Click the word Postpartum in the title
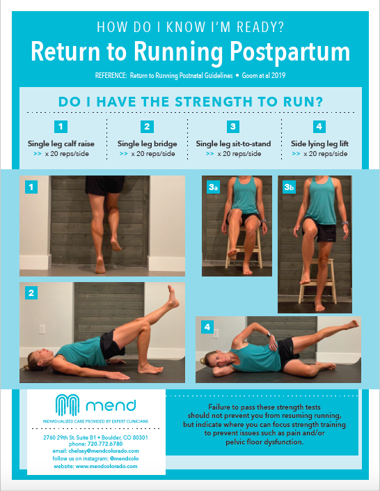coord(290,52)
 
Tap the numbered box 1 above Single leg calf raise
coord(61,127)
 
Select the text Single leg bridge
coord(147,143)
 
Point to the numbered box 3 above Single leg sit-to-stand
coord(233,127)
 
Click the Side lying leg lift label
coord(319,143)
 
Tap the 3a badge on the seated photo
coord(213,187)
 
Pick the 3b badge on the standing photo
coord(289,187)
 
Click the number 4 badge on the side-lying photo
coord(207,327)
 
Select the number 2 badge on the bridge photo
coord(31,293)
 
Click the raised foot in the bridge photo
coord(173,297)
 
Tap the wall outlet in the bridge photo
coord(42,329)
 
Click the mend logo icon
coord(67,405)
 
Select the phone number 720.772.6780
coord(105,444)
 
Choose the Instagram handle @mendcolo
coord(125,458)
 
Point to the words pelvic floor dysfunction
coord(264,442)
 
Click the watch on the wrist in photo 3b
coord(345,224)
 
